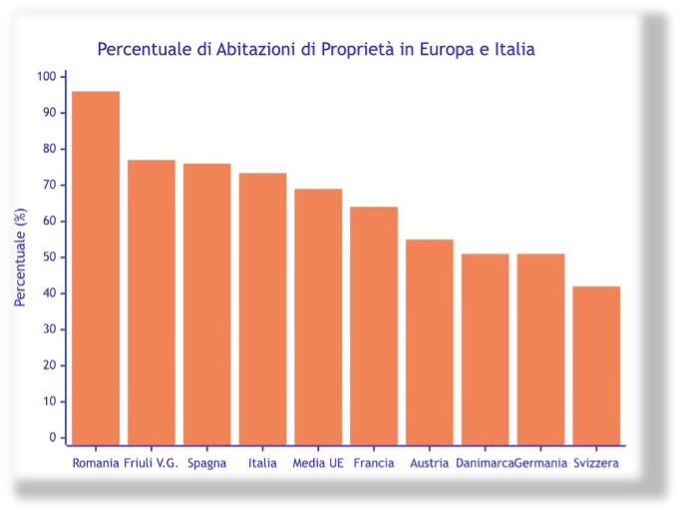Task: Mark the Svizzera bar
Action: click(x=596, y=364)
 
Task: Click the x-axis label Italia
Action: click(x=262, y=463)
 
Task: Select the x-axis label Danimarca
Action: click(x=485, y=463)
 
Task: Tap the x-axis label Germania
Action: click(x=541, y=463)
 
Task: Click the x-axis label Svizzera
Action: click(x=596, y=463)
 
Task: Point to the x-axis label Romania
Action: click(x=96, y=463)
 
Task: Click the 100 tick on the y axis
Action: click(x=47, y=77)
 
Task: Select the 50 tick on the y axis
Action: click(x=50, y=257)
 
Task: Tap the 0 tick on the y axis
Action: click(x=53, y=437)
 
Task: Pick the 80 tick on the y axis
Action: click(x=50, y=149)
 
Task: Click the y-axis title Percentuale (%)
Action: click(x=20, y=257)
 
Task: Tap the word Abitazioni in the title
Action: click(x=261, y=48)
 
